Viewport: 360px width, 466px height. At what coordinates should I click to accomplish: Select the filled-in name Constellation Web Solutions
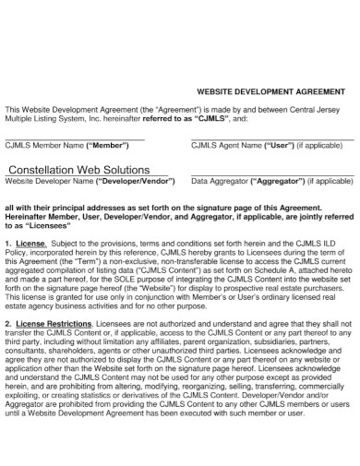point(78,171)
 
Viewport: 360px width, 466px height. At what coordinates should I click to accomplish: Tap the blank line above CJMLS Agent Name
point(272,139)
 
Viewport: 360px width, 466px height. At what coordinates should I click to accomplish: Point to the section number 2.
point(8,325)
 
